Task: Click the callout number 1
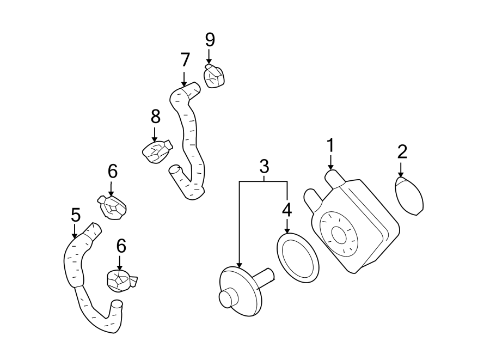pos(330,146)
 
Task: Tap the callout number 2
pos(402,151)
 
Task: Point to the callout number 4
pos(287,210)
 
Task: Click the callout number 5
pos(75,216)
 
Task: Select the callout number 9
pos(210,39)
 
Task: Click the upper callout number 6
pos(112,172)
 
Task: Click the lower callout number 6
pos(121,246)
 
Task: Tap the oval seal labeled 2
pos(409,196)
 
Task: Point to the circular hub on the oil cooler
pos(339,235)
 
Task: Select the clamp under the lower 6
pos(120,280)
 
